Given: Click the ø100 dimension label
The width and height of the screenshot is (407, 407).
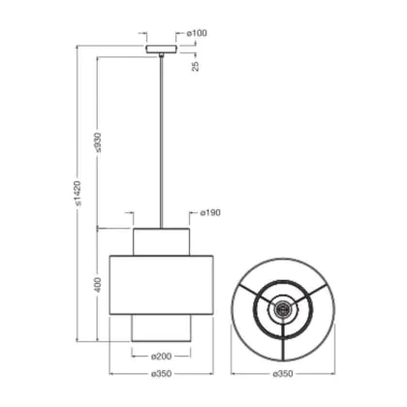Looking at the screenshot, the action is tap(197, 33).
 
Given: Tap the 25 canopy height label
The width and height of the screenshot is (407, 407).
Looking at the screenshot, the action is tap(196, 66).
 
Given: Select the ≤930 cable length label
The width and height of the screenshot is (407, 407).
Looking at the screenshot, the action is tap(97, 142).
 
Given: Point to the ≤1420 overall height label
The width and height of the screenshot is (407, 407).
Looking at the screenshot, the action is tap(78, 193).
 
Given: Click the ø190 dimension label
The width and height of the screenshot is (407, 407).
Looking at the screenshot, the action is tap(210, 213).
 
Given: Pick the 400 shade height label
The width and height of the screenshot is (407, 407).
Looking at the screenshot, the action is tap(98, 285).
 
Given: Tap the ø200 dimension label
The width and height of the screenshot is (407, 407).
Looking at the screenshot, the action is tap(161, 357).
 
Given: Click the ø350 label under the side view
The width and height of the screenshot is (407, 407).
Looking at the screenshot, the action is tap(161, 374).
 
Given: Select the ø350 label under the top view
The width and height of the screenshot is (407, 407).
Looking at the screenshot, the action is tap(283, 374).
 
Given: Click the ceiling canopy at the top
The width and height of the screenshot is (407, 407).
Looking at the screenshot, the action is tap(161, 49).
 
